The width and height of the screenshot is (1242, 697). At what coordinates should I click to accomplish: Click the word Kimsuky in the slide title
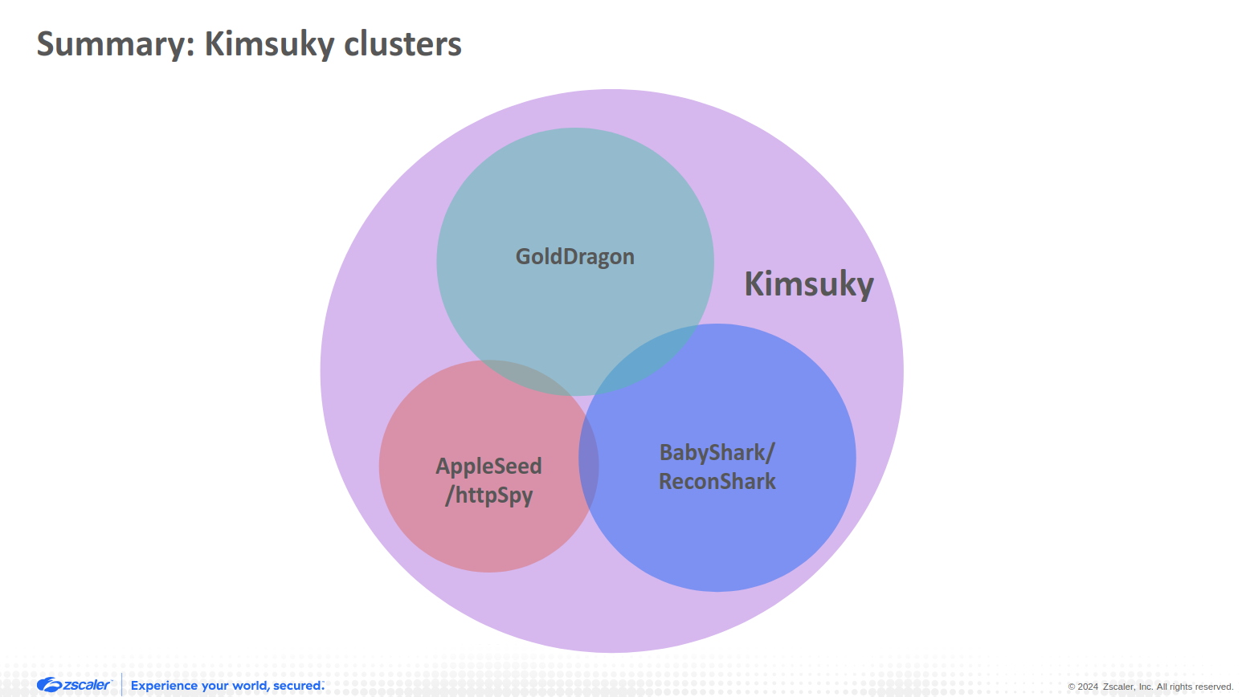[269, 44]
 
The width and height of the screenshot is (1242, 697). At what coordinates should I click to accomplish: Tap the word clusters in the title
[402, 44]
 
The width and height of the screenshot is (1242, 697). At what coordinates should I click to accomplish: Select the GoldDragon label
[575, 257]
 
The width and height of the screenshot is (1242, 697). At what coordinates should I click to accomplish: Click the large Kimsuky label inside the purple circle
[808, 284]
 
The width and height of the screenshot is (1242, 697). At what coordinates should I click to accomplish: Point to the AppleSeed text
[488, 467]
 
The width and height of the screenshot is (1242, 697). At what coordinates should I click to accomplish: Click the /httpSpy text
[488, 495]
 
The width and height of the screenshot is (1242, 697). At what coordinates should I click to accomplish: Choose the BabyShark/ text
[717, 453]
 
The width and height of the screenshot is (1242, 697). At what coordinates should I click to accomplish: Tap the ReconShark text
[717, 482]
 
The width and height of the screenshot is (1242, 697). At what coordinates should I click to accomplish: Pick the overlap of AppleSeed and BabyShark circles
[589, 466]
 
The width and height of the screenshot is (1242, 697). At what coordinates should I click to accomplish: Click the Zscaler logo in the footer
[74, 685]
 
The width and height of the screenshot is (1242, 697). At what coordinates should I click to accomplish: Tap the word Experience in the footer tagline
[164, 686]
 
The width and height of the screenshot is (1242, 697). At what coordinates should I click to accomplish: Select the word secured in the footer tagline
[297, 686]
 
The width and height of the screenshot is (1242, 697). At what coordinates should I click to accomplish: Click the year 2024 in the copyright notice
[1088, 687]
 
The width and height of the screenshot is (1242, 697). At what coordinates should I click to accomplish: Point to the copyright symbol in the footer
[1072, 687]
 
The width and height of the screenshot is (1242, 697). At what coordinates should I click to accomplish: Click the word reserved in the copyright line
[1212, 687]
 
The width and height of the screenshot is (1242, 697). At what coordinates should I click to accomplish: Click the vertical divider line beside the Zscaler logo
[122, 684]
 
